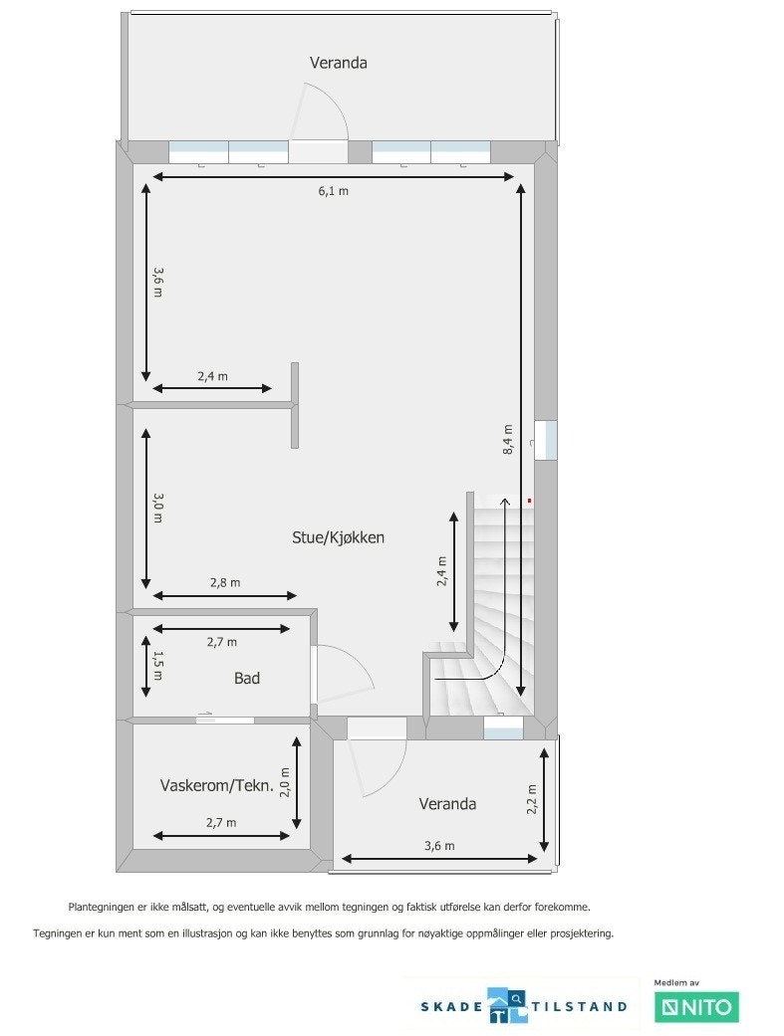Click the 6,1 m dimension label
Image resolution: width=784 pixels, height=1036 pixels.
pos(333,191)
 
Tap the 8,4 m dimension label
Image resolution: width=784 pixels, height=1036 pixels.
pos(508,439)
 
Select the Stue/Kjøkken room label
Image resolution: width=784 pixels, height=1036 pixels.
pos(338,537)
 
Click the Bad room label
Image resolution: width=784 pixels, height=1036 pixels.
pos(247,678)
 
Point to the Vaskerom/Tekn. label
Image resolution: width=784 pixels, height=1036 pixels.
pos(216,785)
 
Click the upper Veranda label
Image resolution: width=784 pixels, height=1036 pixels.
pos(338,63)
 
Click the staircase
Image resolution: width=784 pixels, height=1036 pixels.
pos(498,607)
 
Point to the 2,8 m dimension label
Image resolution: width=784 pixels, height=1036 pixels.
pos(224,582)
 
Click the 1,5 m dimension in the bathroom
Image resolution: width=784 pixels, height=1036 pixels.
pos(157,664)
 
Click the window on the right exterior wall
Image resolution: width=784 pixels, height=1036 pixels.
pos(545,440)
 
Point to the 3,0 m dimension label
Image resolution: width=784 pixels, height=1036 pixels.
pos(157,508)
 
